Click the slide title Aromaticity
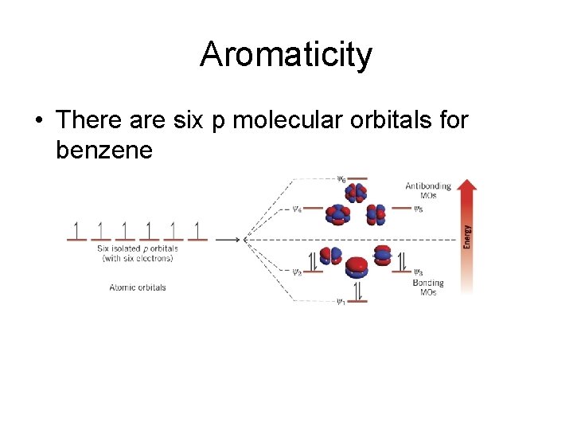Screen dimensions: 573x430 click(x=286, y=55)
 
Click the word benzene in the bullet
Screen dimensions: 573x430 click(x=103, y=149)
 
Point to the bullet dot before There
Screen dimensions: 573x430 click(x=37, y=121)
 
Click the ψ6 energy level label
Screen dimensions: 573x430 click(x=341, y=179)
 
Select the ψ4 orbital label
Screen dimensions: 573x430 click(x=297, y=210)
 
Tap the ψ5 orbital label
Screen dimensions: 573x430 click(x=419, y=209)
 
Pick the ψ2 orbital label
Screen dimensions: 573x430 click(x=297, y=272)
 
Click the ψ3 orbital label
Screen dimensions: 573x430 click(x=419, y=272)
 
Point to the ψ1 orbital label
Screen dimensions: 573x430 click(x=341, y=301)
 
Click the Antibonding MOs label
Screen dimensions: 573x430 click(x=427, y=191)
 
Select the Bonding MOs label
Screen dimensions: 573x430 click(x=427, y=287)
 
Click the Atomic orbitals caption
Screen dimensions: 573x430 click(x=138, y=287)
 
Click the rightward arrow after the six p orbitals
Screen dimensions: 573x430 click(x=228, y=239)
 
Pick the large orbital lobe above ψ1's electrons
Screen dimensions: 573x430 click(x=357, y=266)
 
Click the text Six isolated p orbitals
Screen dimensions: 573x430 click(x=138, y=248)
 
